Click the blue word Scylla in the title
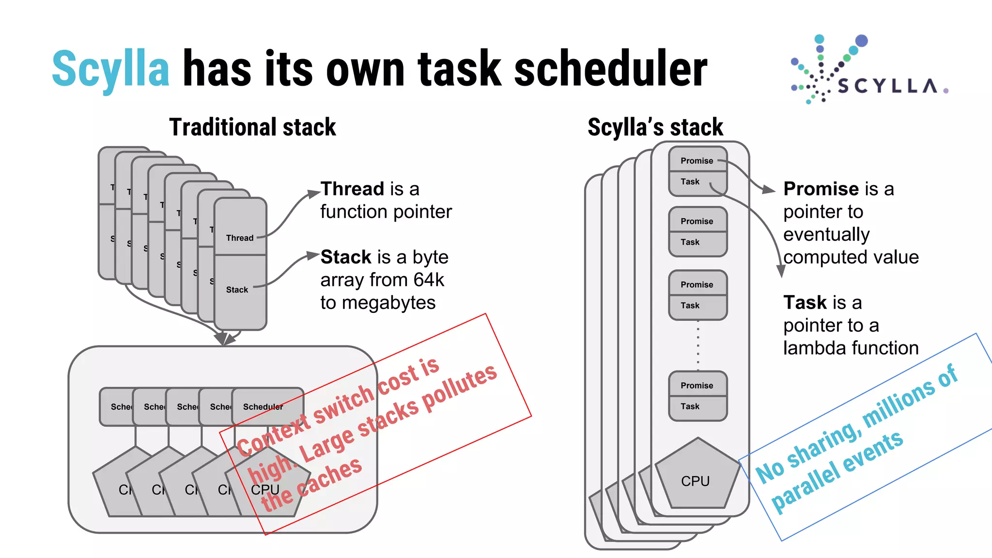(x=110, y=69)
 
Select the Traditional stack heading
(x=252, y=127)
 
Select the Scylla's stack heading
(x=655, y=127)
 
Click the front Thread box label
(x=240, y=238)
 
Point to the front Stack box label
(x=237, y=290)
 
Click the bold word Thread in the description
(x=352, y=189)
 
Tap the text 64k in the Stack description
(x=429, y=280)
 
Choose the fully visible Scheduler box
(x=267, y=407)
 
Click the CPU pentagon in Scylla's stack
(x=697, y=477)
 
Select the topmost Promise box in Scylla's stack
(x=697, y=160)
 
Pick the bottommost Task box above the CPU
(x=697, y=407)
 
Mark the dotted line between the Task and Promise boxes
(x=698, y=345)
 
